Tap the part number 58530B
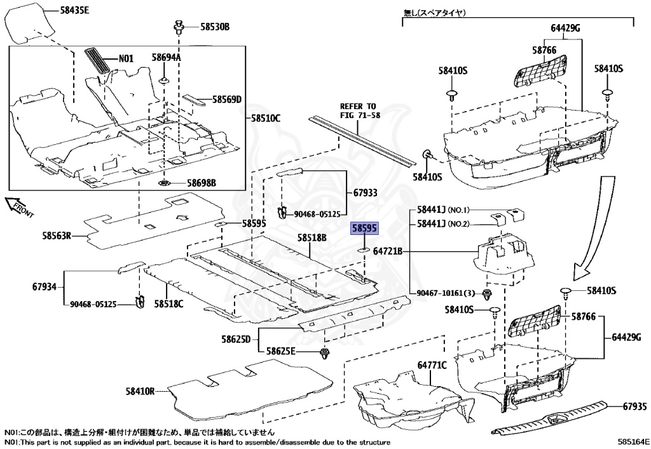214,27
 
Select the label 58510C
265,118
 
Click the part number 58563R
53,237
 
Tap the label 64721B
388,251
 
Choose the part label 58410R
140,392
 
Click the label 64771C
432,365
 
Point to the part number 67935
634,406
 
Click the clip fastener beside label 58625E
325,352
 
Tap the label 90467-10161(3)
446,293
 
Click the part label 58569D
227,100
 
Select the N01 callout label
126,58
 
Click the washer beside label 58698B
164,184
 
